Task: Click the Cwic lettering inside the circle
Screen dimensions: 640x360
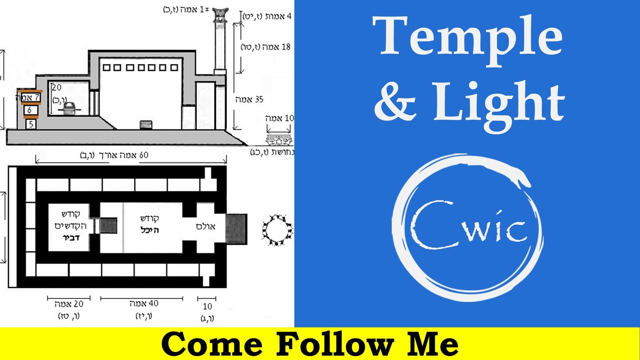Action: pyautogui.click(x=468, y=228)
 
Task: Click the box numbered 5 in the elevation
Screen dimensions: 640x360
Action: pyautogui.click(x=31, y=123)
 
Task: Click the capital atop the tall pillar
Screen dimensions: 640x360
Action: pyautogui.click(x=220, y=14)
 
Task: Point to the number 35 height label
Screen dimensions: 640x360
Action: pyautogui.click(x=258, y=99)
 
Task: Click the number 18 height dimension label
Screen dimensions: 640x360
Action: pyautogui.click(x=286, y=47)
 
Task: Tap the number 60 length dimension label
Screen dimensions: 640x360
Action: pyautogui.click(x=143, y=155)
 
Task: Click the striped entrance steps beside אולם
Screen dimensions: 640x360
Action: pyautogui.click(x=236, y=228)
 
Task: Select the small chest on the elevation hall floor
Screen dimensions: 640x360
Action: pyautogui.click(x=145, y=124)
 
